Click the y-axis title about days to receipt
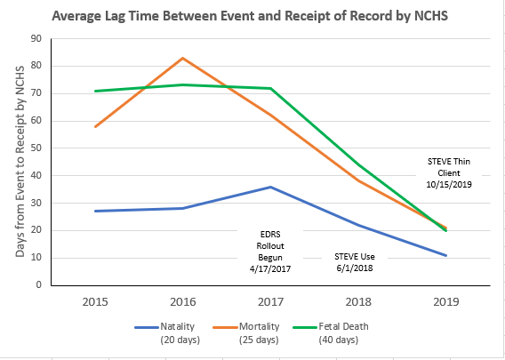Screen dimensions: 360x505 pos(20,163)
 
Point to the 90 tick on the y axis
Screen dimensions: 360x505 pos(36,38)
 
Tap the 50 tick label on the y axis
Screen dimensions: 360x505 pos(36,148)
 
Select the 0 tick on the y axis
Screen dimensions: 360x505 pos(39,285)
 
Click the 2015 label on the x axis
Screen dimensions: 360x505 pos(95,302)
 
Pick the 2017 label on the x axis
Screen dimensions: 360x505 pos(270,302)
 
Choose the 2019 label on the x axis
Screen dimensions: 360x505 pos(445,302)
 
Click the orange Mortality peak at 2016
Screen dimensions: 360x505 pos(182,58)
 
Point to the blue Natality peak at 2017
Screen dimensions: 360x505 pos(270,187)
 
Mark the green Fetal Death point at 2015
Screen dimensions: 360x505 pos(95,91)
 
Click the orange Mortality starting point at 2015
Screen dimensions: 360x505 pos(95,126)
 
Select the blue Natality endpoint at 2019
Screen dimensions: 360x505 pos(445,255)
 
